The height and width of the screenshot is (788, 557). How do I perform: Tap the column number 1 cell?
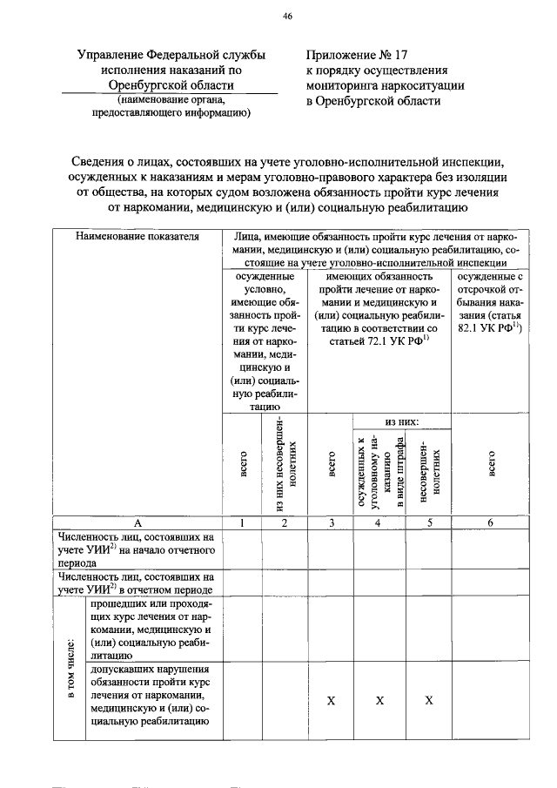(243, 522)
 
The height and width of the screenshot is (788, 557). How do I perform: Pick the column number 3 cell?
(331, 522)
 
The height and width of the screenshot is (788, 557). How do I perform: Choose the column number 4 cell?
(379, 522)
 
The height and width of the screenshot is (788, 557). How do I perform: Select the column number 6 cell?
(491, 522)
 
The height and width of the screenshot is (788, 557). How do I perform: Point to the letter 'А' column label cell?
(137, 522)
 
